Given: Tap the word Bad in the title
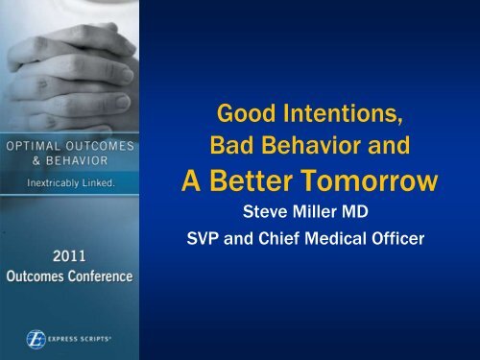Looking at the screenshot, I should [231, 151].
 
